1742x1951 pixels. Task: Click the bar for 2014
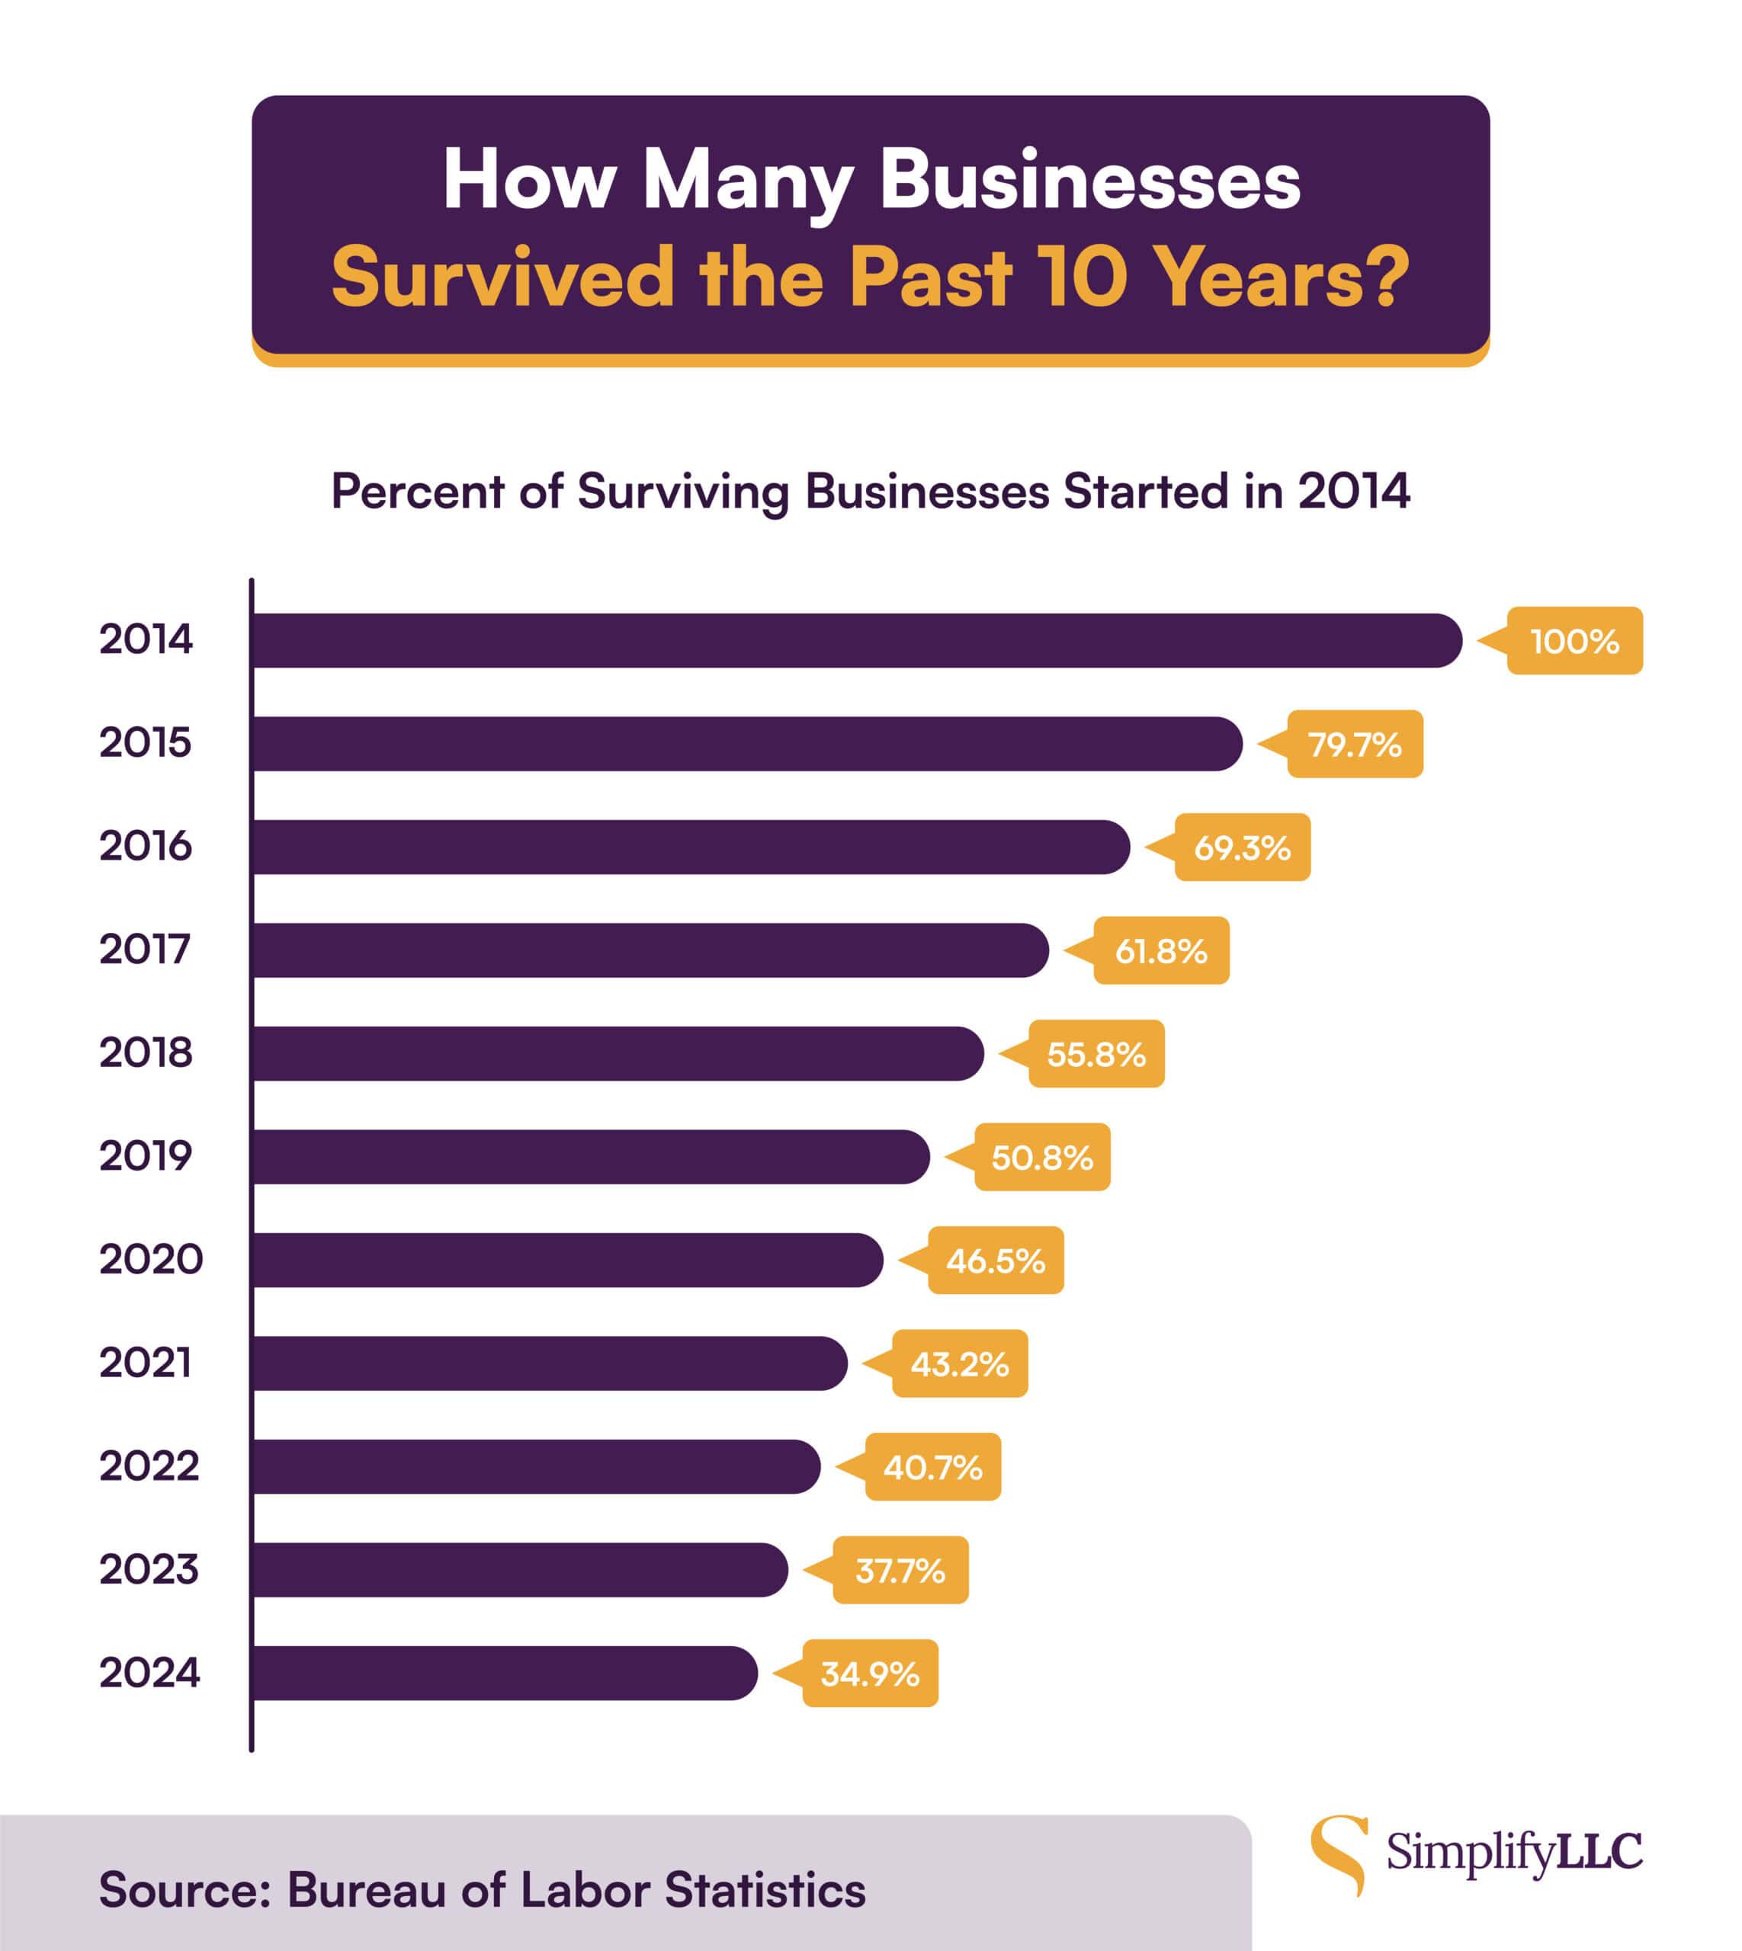click(x=857, y=640)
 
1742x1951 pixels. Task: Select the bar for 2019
click(x=591, y=1157)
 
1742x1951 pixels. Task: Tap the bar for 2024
click(x=505, y=1674)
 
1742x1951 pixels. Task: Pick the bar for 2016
click(x=691, y=847)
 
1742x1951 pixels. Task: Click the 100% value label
click(x=1574, y=641)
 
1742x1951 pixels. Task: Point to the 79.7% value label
click(x=1355, y=745)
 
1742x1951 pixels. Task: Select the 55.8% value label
click(x=1096, y=1055)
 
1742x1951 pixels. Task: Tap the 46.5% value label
click(x=996, y=1261)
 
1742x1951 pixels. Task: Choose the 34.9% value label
click(x=870, y=1674)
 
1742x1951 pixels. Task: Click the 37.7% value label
click(x=900, y=1571)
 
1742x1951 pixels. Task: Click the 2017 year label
click(x=146, y=949)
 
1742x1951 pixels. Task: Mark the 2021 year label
click(x=146, y=1363)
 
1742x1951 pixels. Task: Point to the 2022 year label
click(x=149, y=1466)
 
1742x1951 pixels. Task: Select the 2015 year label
click(x=146, y=742)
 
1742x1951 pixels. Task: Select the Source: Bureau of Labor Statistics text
click(x=482, y=1890)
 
